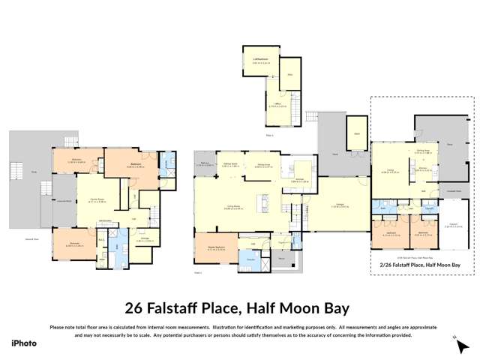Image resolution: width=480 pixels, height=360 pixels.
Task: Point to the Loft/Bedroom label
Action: (x=261, y=58)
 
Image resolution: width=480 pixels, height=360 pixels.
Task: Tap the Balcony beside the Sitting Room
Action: (x=203, y=162)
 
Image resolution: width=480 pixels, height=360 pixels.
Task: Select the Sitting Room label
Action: (x=232, y=162)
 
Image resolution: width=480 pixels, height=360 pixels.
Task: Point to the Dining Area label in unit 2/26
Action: (x=423, y=150)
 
